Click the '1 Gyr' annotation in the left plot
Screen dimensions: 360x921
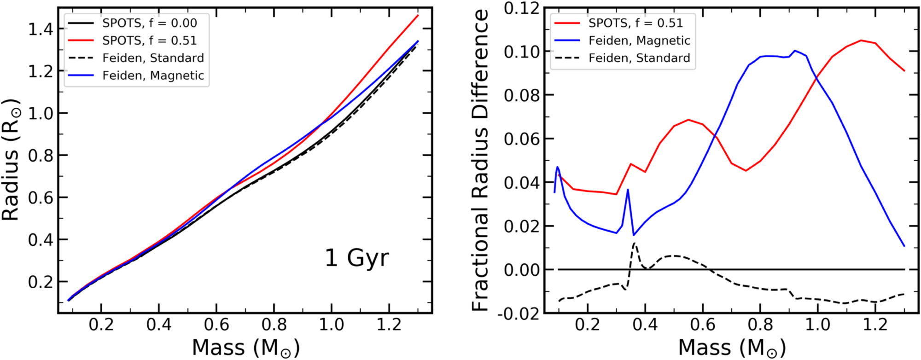[x=357, y=258]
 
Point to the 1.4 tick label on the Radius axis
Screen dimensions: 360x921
[x=41, y=29]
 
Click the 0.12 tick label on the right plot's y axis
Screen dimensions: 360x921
[x=521, y=8]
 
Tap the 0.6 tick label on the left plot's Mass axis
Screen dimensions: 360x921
[x=216, y=325]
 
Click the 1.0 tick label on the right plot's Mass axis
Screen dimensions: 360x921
[x=817, y=325]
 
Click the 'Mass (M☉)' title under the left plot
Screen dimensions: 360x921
[x=246, y=348]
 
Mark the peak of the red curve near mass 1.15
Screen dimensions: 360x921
[x=861, y=41]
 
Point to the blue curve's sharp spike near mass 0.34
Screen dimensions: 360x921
[x=628, y=190]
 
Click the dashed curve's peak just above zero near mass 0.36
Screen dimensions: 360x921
[x=635, y=243]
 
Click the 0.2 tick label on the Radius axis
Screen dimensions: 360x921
[x=41, y=282]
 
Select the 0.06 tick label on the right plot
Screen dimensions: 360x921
[x=521, y=139]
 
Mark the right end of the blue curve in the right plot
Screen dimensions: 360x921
[x=904, y=246]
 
